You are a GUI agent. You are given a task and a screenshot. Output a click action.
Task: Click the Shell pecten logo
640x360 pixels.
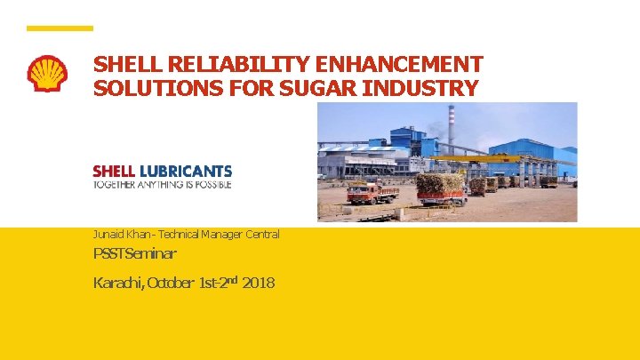point(47,74)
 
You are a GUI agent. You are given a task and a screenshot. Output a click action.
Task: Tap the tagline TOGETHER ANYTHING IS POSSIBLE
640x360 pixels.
point(162,184)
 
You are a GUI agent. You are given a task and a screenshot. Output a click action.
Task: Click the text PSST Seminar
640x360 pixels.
point(134,255)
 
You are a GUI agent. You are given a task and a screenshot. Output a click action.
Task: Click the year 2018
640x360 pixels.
point(258,284)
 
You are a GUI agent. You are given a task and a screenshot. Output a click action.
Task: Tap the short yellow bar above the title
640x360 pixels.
point(60,28)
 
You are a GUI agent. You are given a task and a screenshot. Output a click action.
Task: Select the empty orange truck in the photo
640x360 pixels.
point(372,191)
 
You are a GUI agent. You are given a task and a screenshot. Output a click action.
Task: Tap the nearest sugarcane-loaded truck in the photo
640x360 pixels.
point(441,188)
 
